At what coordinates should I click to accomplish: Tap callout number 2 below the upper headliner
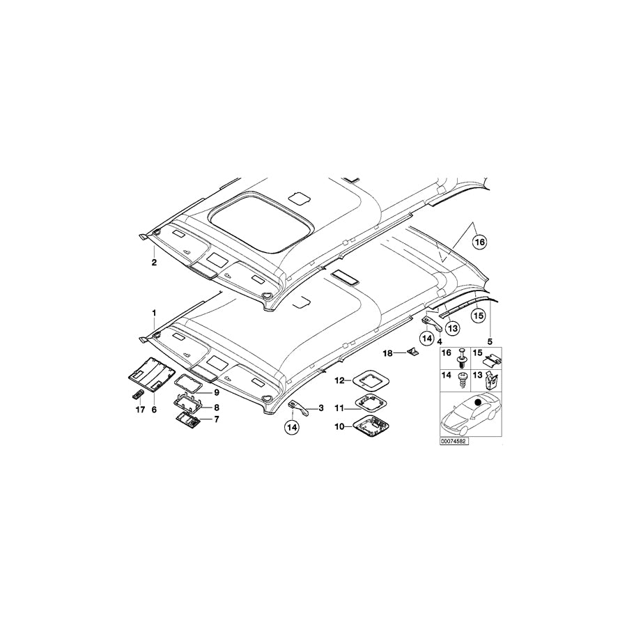(154, 263)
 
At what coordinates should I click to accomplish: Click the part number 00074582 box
(454, 441)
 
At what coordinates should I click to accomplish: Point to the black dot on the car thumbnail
(478, 402)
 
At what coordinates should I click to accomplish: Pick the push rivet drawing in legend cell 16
(462, 360)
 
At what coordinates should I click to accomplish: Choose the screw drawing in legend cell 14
(461, 380)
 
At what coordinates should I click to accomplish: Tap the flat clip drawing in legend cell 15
(494, 359)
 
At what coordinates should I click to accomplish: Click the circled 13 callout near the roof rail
(451, 327)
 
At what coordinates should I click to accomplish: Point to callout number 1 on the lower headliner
(154, 312)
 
